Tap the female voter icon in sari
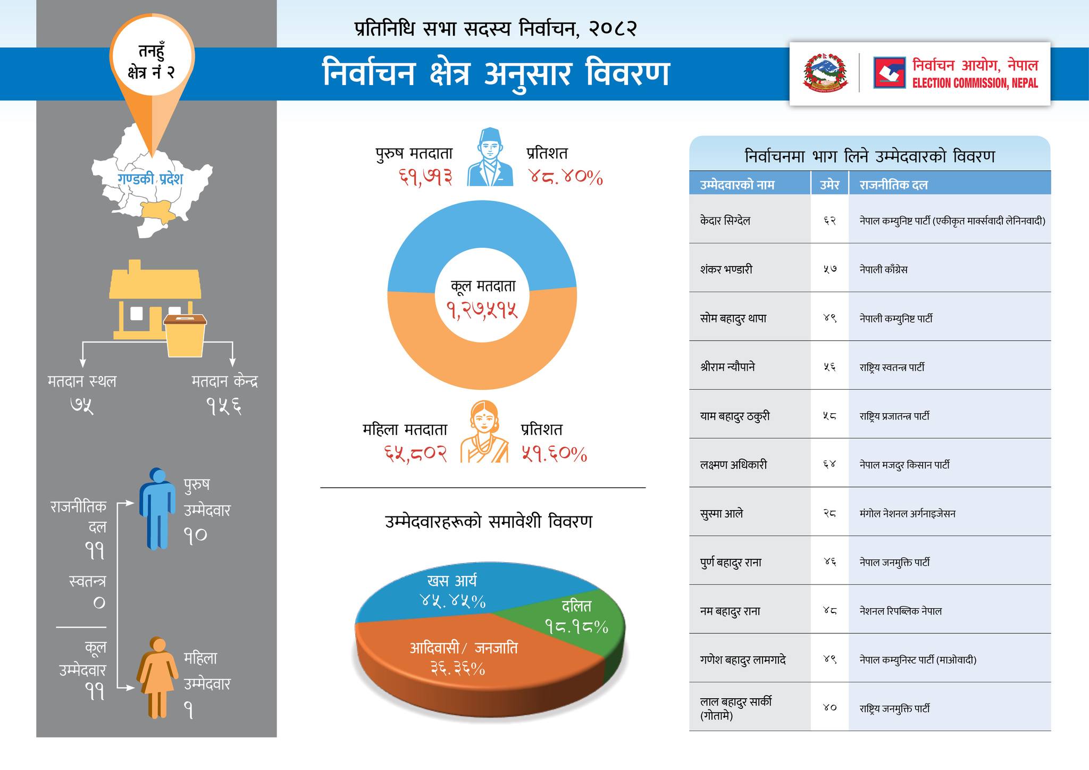pos(484,432)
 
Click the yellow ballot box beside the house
pos(185,335)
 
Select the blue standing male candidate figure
pos(157,508)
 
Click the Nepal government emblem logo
pos(825,73)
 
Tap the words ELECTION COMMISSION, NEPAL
pos(975,83)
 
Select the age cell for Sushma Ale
pos(830,514)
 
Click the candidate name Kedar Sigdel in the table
pos(725,221)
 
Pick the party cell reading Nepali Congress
pos(884,270)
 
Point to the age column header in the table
pos(830,185)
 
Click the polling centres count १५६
pos(224,407)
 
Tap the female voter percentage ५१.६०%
pos(554,455)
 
